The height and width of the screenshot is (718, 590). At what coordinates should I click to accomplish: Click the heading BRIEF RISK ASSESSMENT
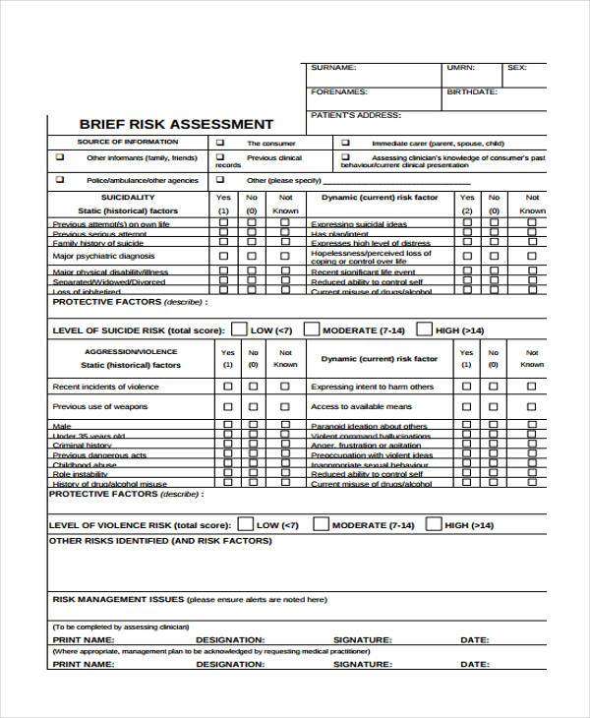tap(176, 124)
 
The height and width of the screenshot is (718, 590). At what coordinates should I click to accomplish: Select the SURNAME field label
tap(333, 68)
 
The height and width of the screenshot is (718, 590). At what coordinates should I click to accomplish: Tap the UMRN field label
tap(460, 68)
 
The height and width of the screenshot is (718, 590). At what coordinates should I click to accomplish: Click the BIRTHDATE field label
tap(472, 91)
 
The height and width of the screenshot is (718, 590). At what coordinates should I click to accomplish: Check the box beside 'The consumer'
tap(220, 143)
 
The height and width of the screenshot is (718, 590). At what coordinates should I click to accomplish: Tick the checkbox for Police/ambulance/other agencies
tap(59, 180)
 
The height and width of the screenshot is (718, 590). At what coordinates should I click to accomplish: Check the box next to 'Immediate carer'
tap(345, 143)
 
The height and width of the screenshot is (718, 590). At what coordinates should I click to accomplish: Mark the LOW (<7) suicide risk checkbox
tap(239, 329)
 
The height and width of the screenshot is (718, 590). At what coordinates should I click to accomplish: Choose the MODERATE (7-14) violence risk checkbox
tap(321, 525)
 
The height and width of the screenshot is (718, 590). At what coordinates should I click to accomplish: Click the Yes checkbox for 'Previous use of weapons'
tap(227, 406)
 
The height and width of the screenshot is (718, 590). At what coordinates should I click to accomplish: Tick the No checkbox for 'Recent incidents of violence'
tap(254, 387)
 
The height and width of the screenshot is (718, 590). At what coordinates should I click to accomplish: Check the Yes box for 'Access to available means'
tap(466, 406)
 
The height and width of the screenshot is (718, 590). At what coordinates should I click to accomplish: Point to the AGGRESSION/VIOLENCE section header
tap(131, 351)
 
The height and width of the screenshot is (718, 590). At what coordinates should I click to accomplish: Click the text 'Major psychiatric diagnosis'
tap(103, 256)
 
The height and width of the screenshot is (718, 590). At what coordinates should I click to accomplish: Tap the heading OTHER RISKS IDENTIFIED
tap(159, 541)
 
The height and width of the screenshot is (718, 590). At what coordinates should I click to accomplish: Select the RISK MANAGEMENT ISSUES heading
tap(116, 599)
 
